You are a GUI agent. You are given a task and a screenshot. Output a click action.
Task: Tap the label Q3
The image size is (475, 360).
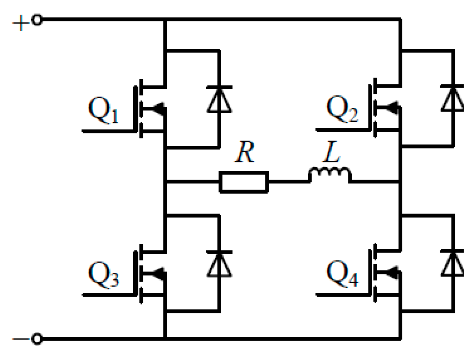tap(104, 277)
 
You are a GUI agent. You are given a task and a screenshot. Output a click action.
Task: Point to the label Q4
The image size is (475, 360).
tap(342, 277)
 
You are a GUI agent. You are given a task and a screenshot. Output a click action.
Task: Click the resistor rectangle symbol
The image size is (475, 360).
tap(244, 181)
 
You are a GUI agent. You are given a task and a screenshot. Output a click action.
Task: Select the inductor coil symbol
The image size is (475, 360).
tap(329, 175)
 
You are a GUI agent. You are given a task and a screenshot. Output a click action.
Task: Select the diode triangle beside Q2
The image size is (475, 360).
tap(453, 99)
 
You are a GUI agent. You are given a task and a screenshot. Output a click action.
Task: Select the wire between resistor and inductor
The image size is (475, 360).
tap(288, 181)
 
